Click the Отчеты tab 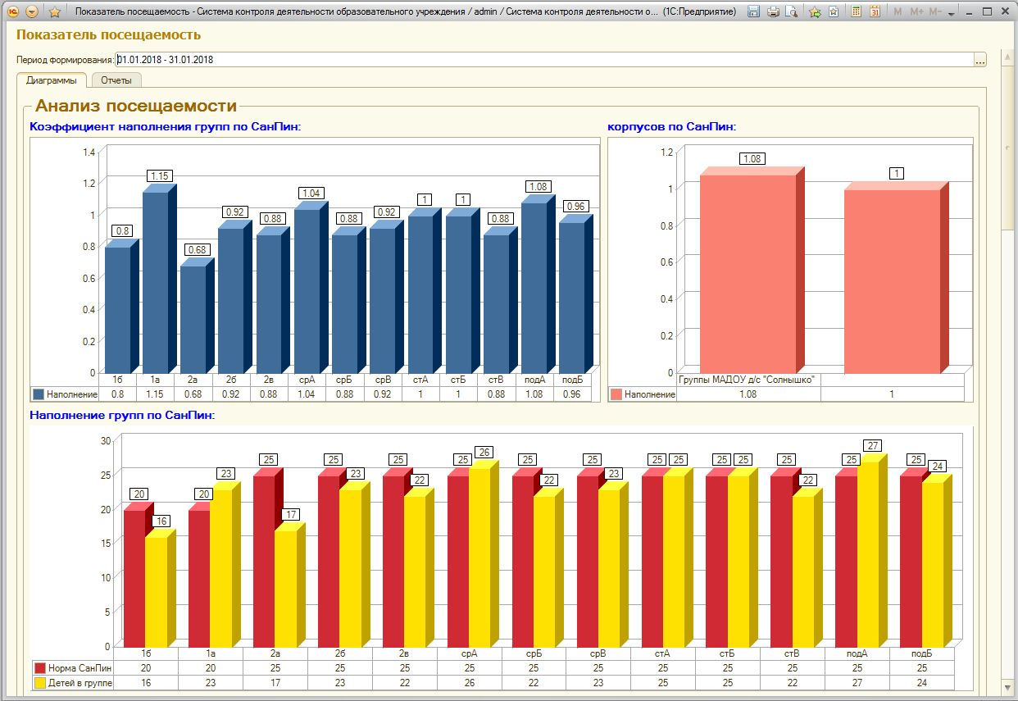116,80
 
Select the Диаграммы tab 52,80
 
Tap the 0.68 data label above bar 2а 197,249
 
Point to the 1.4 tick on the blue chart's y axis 89,152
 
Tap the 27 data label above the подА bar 873,445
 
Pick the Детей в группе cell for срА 470,682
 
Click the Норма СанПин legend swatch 40,668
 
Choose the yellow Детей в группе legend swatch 40,683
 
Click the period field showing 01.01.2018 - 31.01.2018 544,60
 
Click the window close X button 1005,11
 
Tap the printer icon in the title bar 773,11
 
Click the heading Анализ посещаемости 136,106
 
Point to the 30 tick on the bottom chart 106,440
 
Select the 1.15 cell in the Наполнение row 155,394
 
